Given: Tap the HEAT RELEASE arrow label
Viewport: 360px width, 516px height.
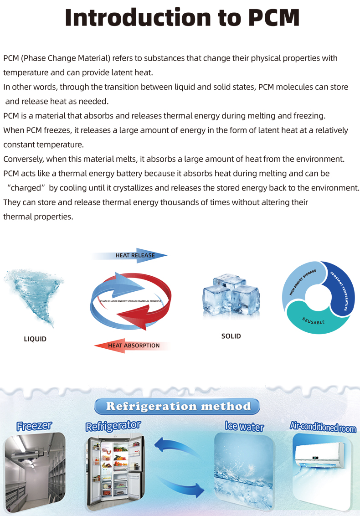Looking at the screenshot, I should [135, 255].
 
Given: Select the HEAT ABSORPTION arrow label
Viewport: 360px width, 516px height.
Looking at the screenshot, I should [134, 346].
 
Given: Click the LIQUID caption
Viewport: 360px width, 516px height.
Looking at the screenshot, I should [35, 339].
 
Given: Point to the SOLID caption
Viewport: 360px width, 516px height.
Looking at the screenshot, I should [231, 336].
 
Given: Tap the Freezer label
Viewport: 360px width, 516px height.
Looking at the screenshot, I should [34, 426].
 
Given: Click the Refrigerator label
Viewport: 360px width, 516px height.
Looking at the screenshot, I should [113, 426].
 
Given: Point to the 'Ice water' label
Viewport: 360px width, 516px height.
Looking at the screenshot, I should [244, 427].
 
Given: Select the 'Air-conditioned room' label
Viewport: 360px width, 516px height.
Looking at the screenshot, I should [323, 427].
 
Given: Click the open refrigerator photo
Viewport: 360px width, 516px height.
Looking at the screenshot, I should [115, 472].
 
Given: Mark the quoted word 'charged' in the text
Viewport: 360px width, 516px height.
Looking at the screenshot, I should [28, 188].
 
